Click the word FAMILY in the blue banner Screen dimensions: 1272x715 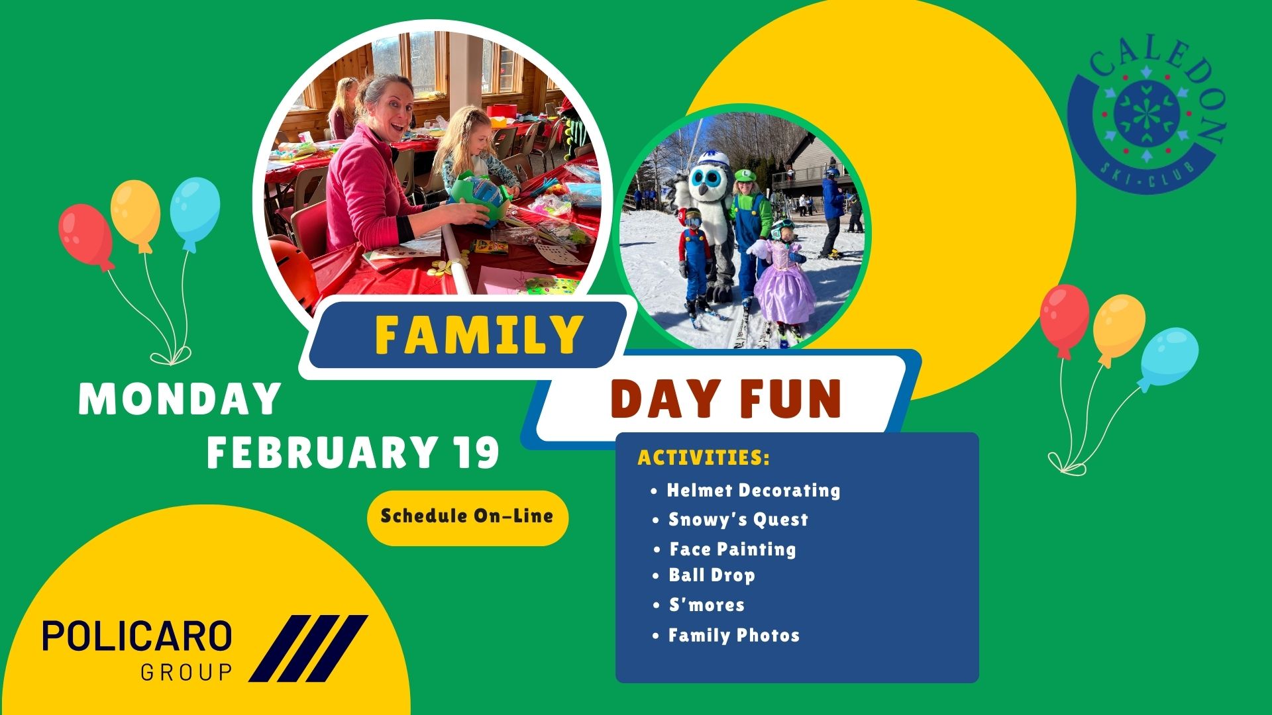coord(478,334)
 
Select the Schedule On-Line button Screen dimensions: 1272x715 coord(468,518)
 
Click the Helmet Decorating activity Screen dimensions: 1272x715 coord(753,491)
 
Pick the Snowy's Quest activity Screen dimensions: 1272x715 coord(738,520)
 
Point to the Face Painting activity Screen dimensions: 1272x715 coord(732,549)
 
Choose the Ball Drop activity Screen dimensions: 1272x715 coord(712,575)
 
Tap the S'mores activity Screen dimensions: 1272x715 coord(706,604)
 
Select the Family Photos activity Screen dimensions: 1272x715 coord(734,636)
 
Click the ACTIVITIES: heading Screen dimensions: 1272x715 coord(704,457)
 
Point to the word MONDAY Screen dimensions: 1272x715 coord(180,399)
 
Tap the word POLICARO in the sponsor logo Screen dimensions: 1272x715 coord(137,636)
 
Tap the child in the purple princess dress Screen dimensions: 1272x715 coord(784,278)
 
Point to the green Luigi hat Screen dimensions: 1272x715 coord(745,176)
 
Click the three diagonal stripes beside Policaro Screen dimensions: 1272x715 coord(309,648)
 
